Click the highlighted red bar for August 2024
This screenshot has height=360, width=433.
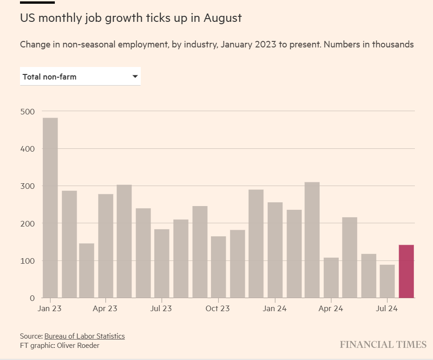pos(406,271)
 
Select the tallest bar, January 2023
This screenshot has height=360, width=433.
pos(50,208)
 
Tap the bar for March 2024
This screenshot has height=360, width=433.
pos(312,240)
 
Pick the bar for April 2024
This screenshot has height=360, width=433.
pos(331,278)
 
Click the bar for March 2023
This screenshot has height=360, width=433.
pos(86,271)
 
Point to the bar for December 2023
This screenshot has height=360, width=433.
pos(256,244)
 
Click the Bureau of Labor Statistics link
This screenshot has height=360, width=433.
pos(85,336)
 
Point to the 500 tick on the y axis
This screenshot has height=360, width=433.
pos(28,111)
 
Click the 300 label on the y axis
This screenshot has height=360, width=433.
pos(28,186)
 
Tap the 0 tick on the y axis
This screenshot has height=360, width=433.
pos(32,298)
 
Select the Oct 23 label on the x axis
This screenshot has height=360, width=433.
pos(218,308)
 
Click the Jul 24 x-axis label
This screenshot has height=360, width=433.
pos(387,308)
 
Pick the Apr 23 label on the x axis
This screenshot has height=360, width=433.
pos(105,308)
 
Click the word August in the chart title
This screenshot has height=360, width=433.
pos(223,19)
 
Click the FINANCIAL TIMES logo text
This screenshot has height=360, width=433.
pos(383,345)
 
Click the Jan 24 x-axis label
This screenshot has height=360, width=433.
pos(275,308)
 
